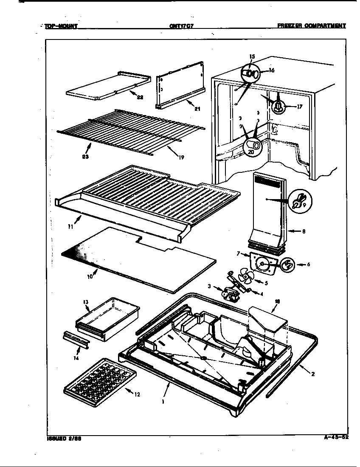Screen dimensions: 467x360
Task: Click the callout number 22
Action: pyautogui.click(x=140, y=97)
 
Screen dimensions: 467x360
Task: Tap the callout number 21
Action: pyautogui.click(x=197, y=109)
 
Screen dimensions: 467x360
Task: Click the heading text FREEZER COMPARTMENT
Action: pyautogui.click(x=312, y=25)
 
